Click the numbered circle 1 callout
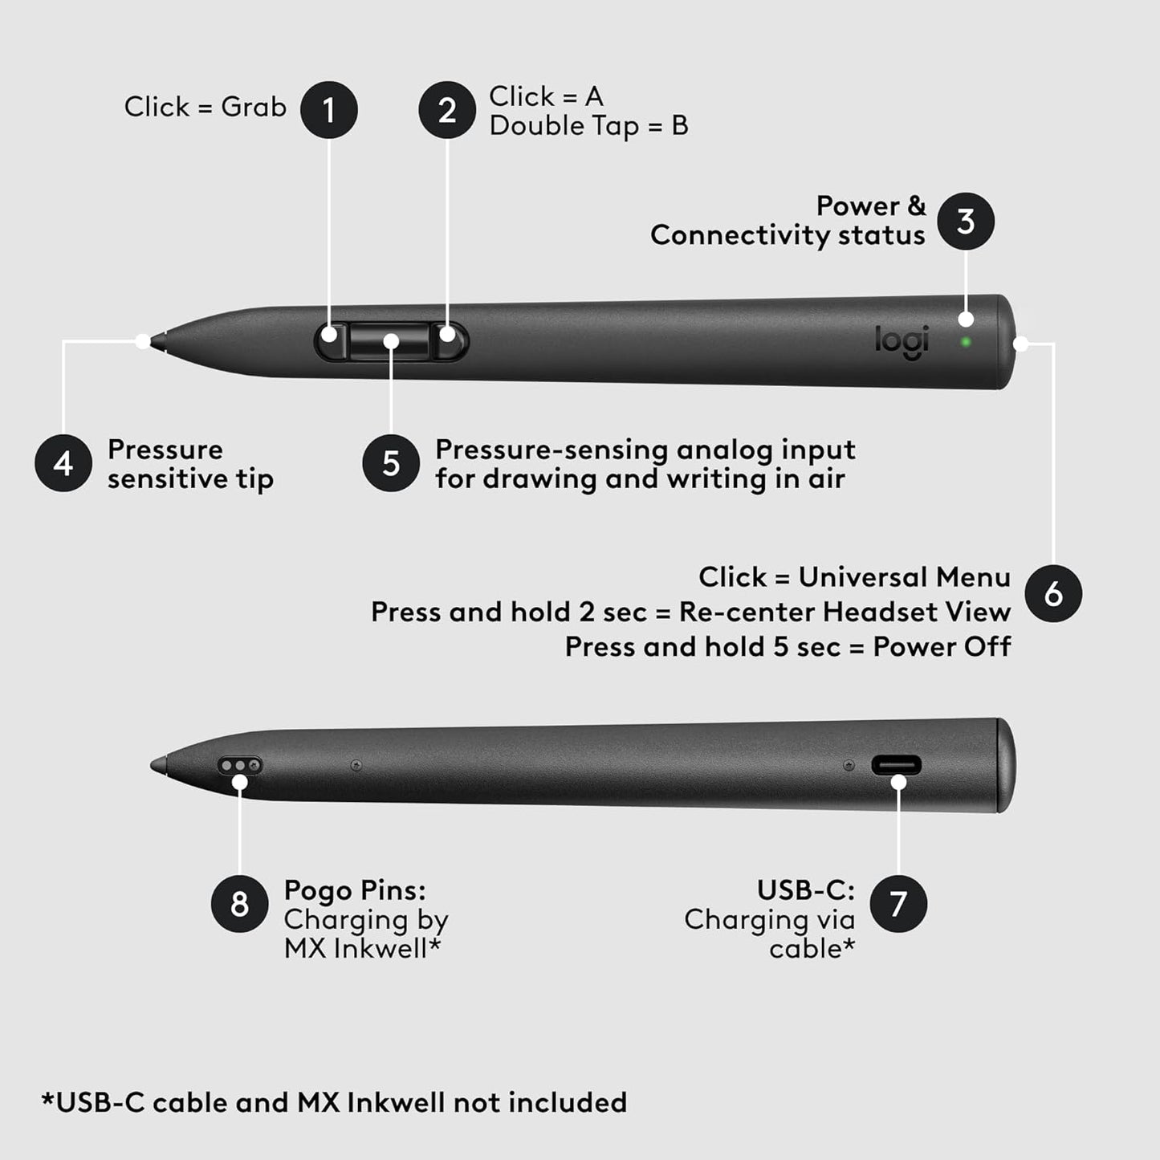[x=329, y=110]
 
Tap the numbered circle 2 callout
[x=447, y=110]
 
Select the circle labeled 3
[x=966, y=222]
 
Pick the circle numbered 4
[x=63, y=463]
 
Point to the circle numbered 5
[x=391, y=463]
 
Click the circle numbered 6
[x=1053, y=594]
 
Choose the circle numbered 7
[x=898, y=904]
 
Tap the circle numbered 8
[x=239, y=904]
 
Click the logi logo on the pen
[x=902, y=340]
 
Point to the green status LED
[x=966, y=342]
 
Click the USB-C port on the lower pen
[x=896, y=765]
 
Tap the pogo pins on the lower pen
[x=240, y=765]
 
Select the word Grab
[x=254, y=107]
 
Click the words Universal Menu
[x=904, y=577]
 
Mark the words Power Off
[x=942, y=647]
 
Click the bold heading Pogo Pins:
[x=355, y=890]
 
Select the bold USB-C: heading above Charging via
[x=806, y=890]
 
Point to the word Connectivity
[x=740, y=235]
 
